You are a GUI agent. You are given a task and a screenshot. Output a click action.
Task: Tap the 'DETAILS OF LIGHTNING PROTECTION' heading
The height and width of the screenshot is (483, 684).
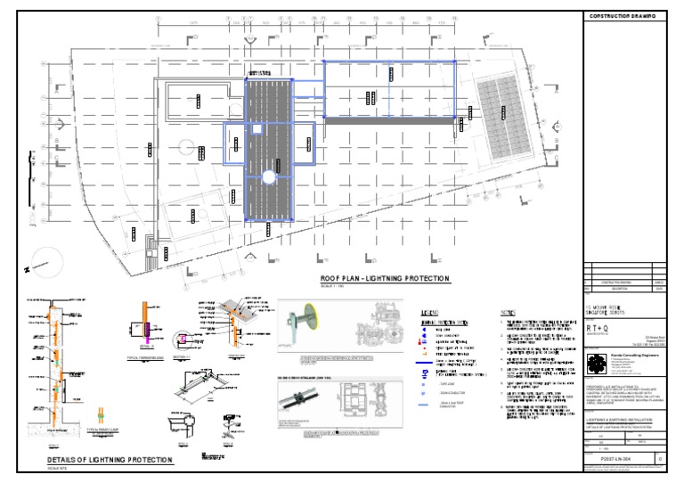(x=110, y=460)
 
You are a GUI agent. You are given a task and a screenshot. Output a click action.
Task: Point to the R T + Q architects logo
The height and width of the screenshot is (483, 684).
(x=599, y=328)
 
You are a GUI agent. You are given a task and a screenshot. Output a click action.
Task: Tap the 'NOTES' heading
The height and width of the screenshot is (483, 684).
(x=508, y=313)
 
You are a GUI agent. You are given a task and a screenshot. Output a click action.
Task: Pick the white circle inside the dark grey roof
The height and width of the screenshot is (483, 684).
(x=268, y=179)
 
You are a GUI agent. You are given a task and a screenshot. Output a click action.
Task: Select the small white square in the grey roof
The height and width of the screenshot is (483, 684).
(x=256, y=129)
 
